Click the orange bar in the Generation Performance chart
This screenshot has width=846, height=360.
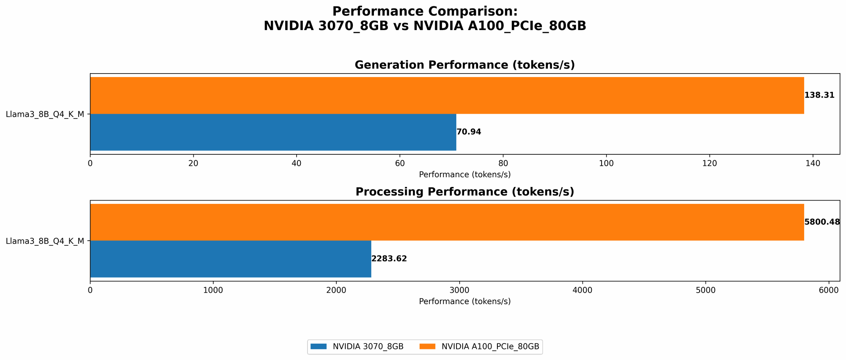[x=447, y=95]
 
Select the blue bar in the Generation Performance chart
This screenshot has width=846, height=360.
[x=273, y=132]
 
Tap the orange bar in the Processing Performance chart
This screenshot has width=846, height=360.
[x=447, y=222]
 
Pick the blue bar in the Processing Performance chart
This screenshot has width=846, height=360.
[x=231, y=259]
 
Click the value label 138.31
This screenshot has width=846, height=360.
[x=819, y=95]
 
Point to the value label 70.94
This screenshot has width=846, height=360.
[x=469, y=132]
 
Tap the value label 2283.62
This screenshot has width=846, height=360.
[x=389, y=259]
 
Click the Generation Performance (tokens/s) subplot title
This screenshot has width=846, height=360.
[x=464, y=65]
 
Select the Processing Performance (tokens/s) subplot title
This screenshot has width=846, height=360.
[x=464, y=192]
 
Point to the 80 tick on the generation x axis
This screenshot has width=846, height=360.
[x=503, y=163]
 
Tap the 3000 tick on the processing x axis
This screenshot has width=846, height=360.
[x=459, y=290]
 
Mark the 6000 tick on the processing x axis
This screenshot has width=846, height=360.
[x=829, y=290]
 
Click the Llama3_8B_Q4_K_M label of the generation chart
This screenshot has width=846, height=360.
[x=45, y=114]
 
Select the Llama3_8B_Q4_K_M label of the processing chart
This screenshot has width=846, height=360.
[x=45, y=241]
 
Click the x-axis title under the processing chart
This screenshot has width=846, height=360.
[x=464, y=302]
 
